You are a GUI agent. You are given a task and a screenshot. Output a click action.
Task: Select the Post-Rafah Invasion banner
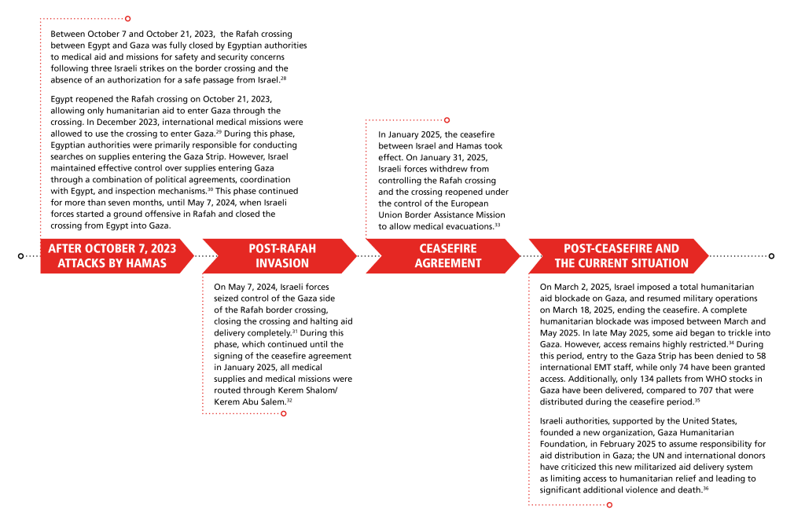[282, 256]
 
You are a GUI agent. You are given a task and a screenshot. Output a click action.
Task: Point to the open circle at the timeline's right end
[772, 256]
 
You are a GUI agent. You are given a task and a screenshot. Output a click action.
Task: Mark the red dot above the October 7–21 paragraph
[128, 18]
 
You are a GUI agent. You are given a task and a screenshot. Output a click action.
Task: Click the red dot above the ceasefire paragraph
[447, 121]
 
